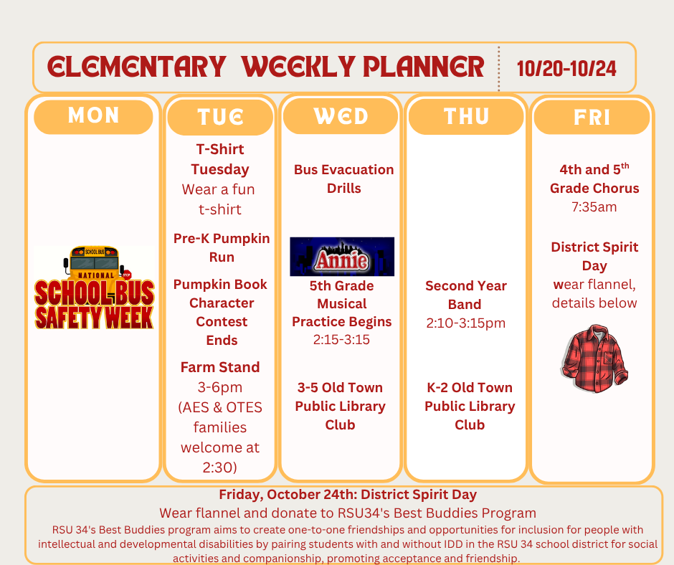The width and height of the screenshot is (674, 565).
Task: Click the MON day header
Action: click(x=93, y=116)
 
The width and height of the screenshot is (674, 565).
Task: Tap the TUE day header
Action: click(x=221, y=117)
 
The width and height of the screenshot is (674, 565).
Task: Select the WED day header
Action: click(x=341, y=116)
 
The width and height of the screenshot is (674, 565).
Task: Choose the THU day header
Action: click(x=466, y=116)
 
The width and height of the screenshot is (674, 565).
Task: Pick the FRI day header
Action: click(x=592, y=117)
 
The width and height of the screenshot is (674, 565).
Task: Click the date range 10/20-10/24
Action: click(x=566, y=68)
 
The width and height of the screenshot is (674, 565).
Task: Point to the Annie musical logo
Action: click(x=342, y=257)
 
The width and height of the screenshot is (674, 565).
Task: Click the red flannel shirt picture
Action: click(x=594, y=359)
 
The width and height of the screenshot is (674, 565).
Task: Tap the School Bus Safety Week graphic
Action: click(x=94, y=288)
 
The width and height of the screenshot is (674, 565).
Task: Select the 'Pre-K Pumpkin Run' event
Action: click(x=222, y=247)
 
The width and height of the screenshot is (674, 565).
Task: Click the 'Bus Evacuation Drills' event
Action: click(x=343, y=179)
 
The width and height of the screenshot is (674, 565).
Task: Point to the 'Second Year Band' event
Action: click(x=466, y=295)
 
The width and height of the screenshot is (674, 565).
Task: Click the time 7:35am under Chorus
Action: click(x=594, y=207)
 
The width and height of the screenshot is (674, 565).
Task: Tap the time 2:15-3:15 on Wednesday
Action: click(x=341, y=340)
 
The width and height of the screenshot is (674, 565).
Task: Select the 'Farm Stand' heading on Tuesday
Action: click(x=220, y=368)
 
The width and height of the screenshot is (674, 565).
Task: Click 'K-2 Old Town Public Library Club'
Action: click(x=470, y=406)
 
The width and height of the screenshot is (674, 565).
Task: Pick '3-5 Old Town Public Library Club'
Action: click(x=341, y=406)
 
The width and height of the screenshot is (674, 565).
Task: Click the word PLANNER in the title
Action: click(x=423, y=67)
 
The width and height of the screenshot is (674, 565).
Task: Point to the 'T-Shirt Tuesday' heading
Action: click(x=220, y=159)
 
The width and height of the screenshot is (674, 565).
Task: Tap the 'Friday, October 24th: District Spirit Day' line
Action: click(x=348, y=495)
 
